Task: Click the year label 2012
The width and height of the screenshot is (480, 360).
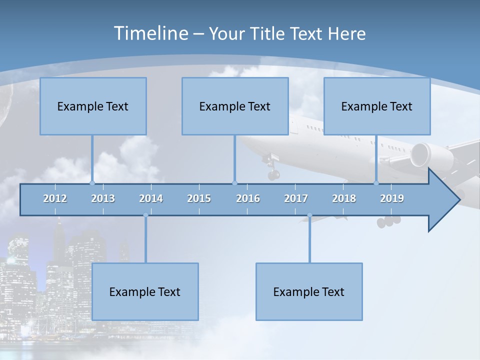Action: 55,198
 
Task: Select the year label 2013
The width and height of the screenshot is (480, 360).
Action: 103,198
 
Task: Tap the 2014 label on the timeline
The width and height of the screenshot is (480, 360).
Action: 151,198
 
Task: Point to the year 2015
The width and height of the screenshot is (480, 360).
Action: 199,198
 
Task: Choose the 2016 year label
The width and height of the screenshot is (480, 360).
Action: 248,198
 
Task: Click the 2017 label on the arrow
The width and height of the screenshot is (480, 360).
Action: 296,198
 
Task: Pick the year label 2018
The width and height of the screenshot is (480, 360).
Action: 344,198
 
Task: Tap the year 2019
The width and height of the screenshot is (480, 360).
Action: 392,198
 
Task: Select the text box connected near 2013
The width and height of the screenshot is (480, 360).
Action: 93,106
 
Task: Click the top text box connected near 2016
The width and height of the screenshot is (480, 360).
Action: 235,106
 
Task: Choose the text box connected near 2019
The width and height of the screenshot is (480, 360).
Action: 377,106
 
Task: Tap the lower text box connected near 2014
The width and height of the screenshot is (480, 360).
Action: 145,291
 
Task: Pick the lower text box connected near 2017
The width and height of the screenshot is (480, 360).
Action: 309,291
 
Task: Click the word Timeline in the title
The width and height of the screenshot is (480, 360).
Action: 150,33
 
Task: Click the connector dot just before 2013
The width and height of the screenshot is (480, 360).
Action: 92,183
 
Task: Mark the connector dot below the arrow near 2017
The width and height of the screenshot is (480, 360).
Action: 309,215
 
